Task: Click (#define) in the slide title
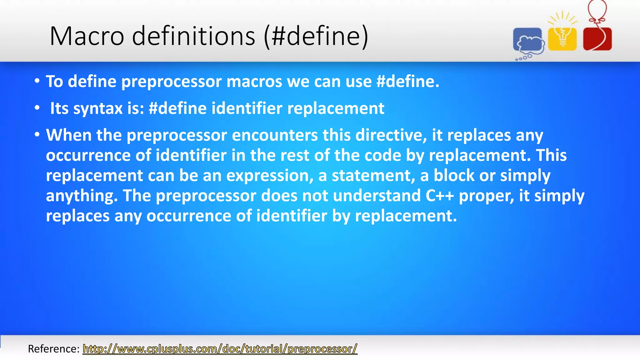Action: pyautogui.click(x=316, y=36)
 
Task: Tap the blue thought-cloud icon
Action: pyautogui.click(x=528, y=41)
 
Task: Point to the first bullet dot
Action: pyautogui.click(x=37, y=81)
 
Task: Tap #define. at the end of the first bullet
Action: pyautogui.click(x=408, y=82)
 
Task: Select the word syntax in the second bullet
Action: pyautogui.click(x=98, y=108)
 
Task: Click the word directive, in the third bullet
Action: pyautogui.click(x=391, y=135)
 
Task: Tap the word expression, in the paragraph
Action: pyautogui.click(x=270, y=176)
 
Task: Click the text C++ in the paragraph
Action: pyautogui.click(x=439, y=196)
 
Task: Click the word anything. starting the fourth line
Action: pyautogui.click(x=82, y=196)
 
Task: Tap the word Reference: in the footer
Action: pyautogui.click(x=54, y=349)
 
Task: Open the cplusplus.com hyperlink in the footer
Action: pyautogui.click(x=220, y=349)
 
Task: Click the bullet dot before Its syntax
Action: pyautogui.click(x=37, y=108)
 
